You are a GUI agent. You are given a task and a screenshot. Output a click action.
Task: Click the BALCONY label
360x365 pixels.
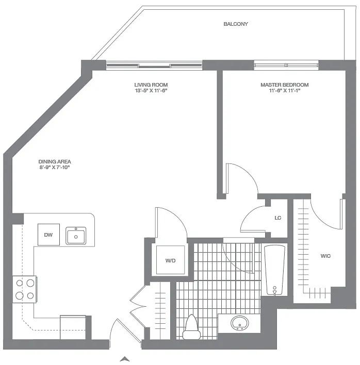pos(236,24)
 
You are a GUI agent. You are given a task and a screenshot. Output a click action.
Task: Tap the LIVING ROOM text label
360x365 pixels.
pos(151,85)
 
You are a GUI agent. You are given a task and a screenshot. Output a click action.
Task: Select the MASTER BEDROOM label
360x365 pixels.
pos(284,85)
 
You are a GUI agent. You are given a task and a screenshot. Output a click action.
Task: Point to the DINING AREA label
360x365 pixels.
pos(54,161)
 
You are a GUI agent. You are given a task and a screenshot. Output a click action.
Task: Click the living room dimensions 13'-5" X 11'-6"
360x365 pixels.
pos(151,91)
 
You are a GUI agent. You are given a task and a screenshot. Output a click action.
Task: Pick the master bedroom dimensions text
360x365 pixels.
pos(284,91)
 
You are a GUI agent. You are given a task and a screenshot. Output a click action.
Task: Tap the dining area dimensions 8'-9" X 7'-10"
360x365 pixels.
pos(54,167)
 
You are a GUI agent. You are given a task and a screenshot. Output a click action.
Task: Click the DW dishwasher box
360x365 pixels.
pos(48,235)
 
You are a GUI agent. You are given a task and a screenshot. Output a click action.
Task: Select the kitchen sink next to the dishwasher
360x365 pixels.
pos(76,236)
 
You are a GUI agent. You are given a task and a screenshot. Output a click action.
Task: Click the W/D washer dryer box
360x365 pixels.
pos(170,260)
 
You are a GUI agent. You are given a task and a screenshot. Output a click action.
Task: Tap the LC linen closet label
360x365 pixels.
pos(277,218)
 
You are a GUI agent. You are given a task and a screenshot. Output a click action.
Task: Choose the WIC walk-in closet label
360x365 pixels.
pos(325,256)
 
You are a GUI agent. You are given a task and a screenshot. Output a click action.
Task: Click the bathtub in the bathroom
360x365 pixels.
pos(274,270)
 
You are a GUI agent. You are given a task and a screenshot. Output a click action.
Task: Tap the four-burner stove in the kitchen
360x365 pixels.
pos(25,289)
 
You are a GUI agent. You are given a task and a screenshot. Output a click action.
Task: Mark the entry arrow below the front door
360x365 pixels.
pos(124,358)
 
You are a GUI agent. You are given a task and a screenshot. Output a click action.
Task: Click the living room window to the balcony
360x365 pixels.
pos(154,65)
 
